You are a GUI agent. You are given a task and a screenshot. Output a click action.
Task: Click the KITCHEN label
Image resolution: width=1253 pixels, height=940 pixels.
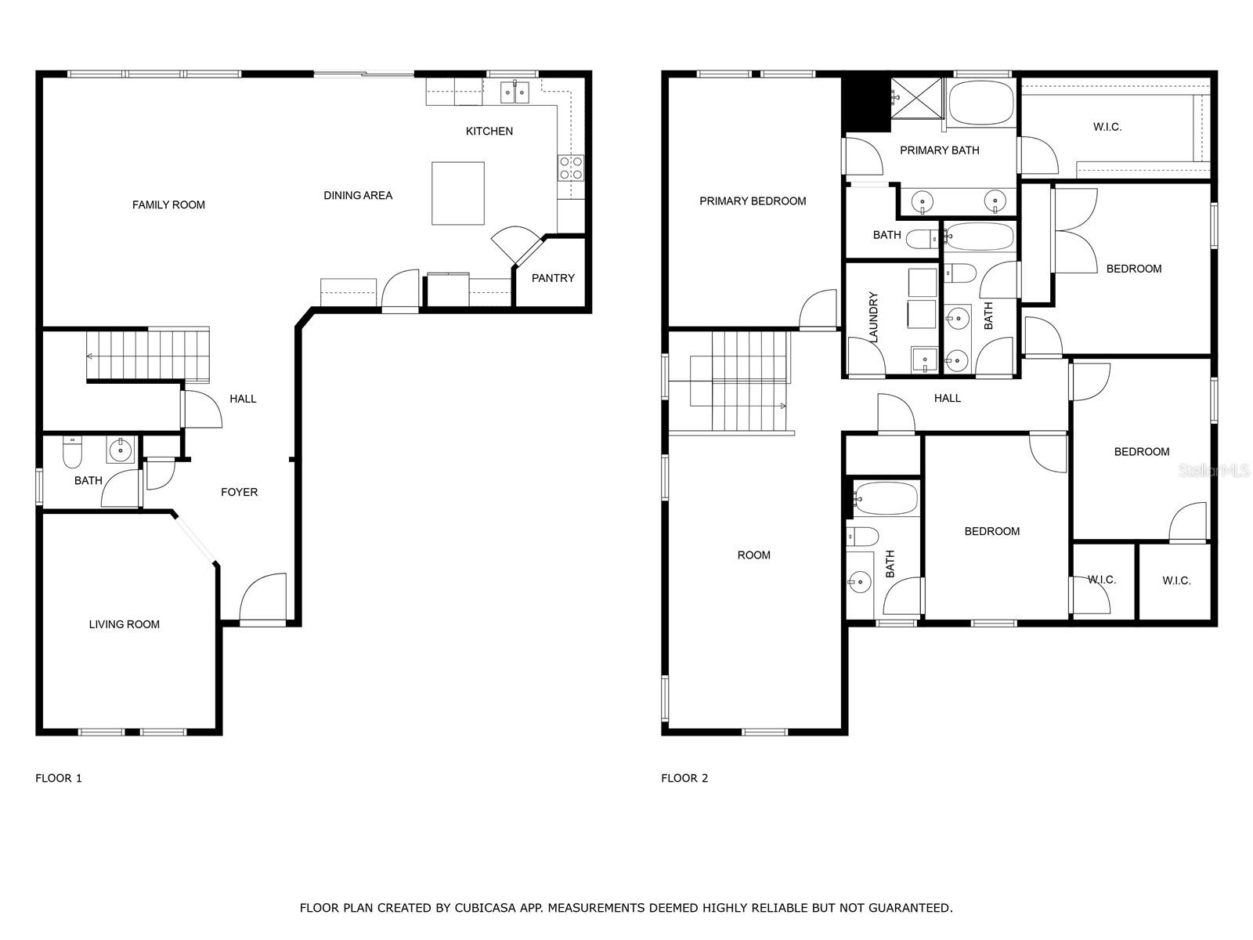click(489, 132)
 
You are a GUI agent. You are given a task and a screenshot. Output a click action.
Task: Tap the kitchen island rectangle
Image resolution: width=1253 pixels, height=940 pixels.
click(457, 193)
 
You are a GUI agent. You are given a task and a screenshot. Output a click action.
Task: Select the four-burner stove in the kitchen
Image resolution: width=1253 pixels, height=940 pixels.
click(570, 168)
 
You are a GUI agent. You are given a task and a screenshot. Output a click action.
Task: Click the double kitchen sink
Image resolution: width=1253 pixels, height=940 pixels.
click(515, 92)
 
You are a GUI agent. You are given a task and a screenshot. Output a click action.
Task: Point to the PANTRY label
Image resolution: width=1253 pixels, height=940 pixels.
click(553, 278)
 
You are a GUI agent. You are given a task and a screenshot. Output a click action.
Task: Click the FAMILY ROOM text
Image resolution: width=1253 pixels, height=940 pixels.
click(168, 205)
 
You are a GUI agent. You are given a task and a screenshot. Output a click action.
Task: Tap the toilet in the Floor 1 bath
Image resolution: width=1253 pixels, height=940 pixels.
click(72, 451)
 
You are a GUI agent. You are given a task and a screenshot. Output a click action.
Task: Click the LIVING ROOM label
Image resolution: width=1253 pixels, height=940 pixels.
click(124, 624)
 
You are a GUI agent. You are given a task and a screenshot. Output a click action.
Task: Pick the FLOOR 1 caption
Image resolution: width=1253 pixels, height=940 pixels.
click(59, 778)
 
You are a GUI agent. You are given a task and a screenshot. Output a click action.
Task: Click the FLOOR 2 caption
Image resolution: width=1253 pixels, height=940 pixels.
click(684, 778)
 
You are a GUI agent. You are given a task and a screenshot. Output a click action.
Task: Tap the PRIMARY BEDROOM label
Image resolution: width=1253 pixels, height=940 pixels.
click(753, 201)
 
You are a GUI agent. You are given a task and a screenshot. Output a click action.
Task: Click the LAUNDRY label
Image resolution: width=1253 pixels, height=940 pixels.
click(873, 317)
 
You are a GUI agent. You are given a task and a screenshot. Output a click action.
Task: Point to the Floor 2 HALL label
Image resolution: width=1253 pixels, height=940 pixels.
click(947, 399)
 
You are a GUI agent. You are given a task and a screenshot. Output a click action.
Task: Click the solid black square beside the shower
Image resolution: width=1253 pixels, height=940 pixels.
click(867, 104)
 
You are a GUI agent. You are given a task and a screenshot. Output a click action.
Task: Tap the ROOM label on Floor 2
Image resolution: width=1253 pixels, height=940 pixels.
click(753, 555)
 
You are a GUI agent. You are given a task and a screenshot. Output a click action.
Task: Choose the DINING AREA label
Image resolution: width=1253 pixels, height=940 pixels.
click(358, 196)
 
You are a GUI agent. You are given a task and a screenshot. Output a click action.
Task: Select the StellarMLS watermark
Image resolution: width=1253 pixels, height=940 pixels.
click(1214, 471)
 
